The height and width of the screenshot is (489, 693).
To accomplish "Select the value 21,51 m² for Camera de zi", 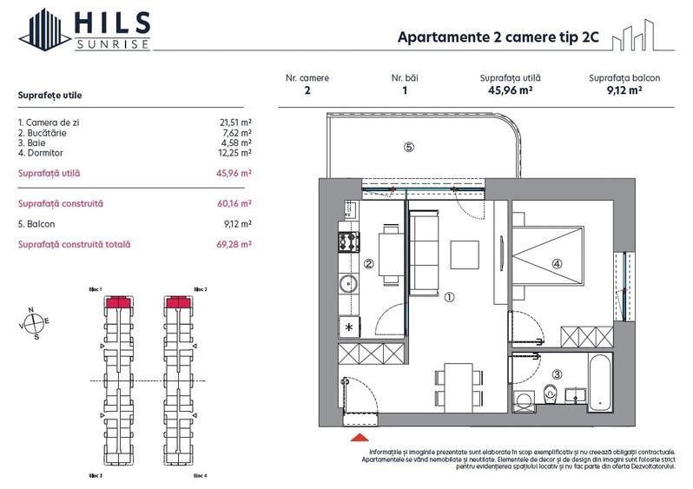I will click(x=235, y=123).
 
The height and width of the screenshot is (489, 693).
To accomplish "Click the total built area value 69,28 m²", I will click(x=234, y=245).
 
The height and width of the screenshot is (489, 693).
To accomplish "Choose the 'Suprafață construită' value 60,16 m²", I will click(x=234, y=203).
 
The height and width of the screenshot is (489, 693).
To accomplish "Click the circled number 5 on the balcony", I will click(x=409, y=147).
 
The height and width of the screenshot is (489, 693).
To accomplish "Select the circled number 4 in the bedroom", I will click(x=557, y=265).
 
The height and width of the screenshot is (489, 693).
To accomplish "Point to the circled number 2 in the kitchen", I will click(x=368, y=265).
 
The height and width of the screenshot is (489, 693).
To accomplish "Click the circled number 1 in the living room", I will click(x=449, y=296).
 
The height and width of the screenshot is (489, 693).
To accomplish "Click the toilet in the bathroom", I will click(x=549, y=395).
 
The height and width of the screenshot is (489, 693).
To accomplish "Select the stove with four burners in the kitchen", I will click(x=348, y=241).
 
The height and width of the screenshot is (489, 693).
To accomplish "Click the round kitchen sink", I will click(x=347, y=283).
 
